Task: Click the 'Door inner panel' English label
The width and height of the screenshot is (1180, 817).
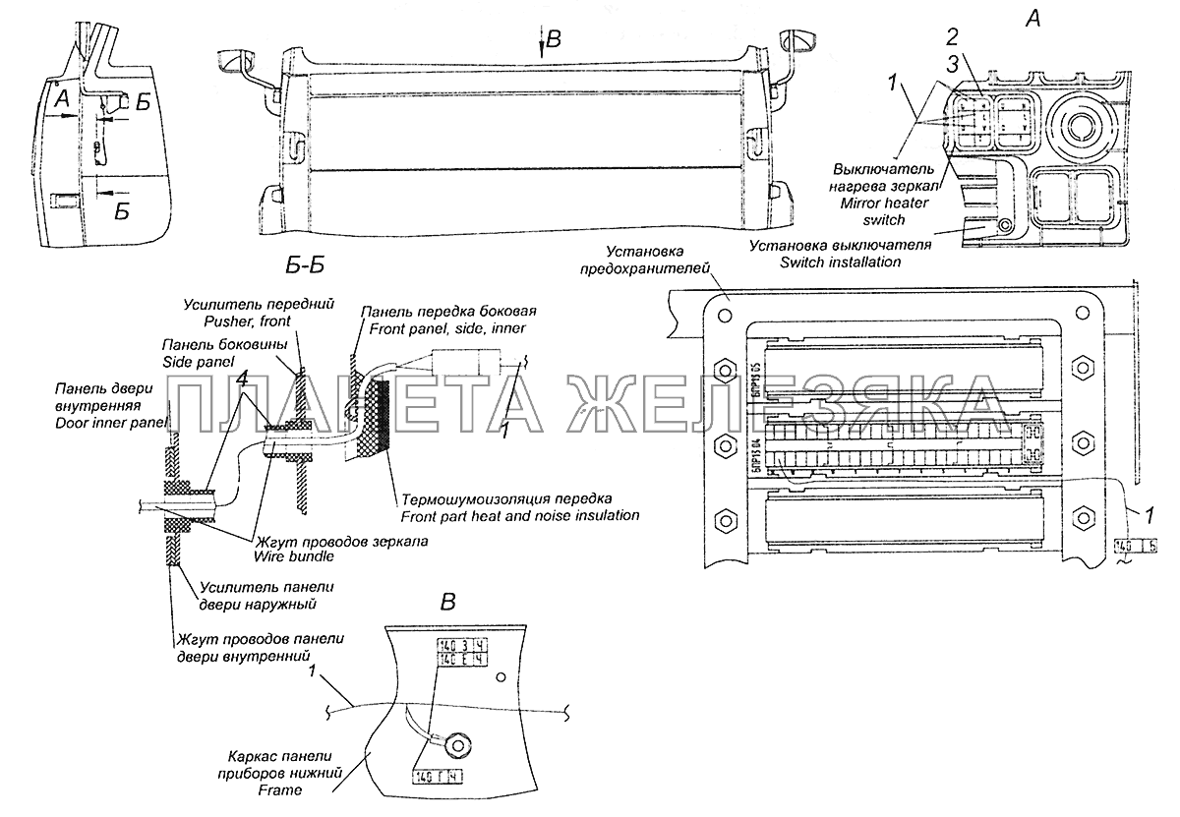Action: coord(111,422)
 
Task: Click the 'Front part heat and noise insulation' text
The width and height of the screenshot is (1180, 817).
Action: coord(519,515)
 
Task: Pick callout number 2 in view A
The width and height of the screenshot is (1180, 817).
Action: coord(952,38)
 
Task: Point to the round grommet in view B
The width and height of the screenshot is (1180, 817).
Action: coord(454,745)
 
